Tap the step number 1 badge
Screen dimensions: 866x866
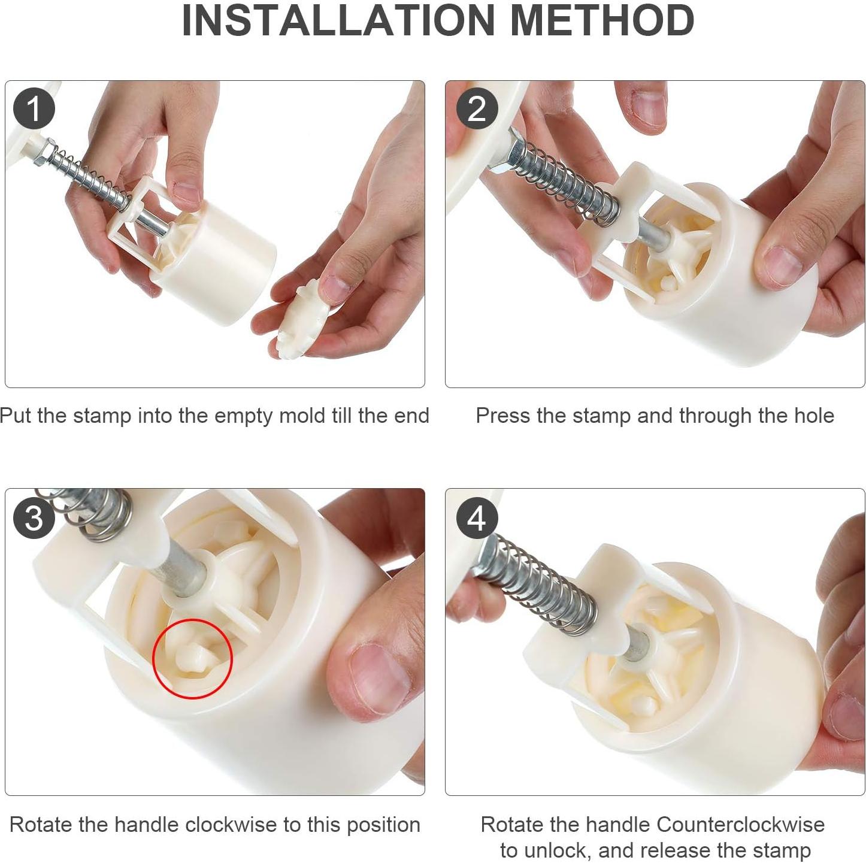point(34,108)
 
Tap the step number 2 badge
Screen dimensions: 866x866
point(477,108)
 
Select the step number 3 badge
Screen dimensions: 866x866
point(34,517)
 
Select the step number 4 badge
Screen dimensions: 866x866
point(477,517)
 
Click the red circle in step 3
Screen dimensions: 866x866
point(192,659)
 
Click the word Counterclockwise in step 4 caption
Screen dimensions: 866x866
point(740,825)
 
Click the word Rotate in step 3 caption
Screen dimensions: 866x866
point(41,825)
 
